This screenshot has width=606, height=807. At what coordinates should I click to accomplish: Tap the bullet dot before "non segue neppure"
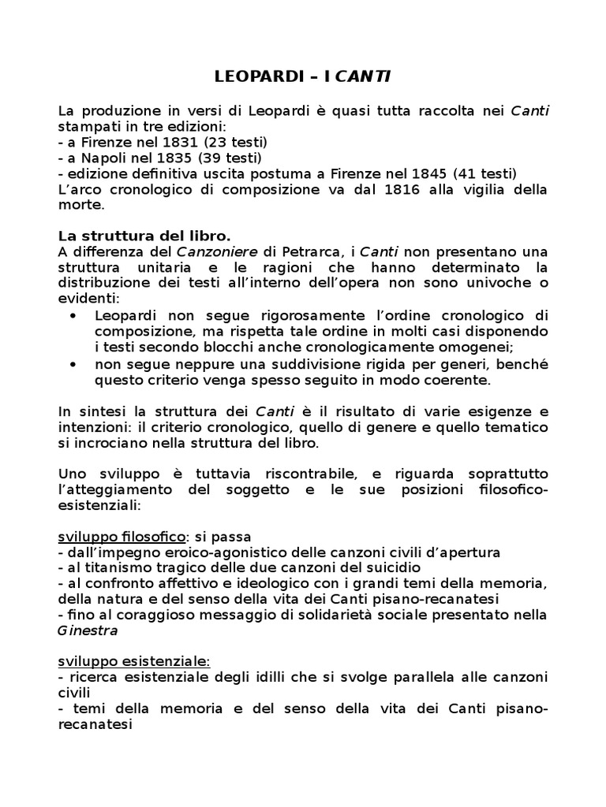74,363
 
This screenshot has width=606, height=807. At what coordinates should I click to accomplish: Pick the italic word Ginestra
88,631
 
